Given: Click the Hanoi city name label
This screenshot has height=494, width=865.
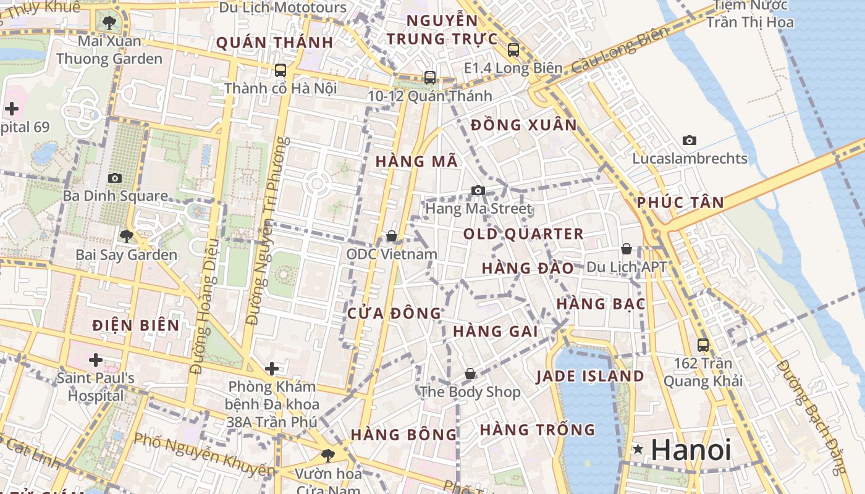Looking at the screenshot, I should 691,450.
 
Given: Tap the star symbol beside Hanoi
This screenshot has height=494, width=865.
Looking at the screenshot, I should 638,450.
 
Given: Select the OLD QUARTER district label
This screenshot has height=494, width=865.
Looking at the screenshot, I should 523,234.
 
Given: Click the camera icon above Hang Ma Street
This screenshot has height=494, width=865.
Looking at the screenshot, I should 478,190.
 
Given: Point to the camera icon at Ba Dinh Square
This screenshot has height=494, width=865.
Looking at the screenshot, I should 114,178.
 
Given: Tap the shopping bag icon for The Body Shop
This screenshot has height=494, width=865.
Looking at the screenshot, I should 470,374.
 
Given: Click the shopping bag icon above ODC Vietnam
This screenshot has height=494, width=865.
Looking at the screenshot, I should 391,236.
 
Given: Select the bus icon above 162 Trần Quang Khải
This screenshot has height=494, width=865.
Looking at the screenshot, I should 703,345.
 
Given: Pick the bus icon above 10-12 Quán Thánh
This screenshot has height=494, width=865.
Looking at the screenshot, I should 429,78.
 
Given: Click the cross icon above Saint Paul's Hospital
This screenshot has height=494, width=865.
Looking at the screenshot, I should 95,359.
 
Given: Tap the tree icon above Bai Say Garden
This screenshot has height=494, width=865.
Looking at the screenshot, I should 126,236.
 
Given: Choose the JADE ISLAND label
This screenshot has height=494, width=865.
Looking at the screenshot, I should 590,376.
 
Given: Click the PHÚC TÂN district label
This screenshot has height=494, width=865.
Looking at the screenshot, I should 680,203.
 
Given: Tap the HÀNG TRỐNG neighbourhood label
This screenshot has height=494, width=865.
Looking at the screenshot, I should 537,429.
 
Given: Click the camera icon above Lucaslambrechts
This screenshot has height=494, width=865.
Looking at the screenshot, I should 690,141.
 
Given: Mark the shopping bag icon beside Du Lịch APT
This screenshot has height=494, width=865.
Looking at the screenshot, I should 627,249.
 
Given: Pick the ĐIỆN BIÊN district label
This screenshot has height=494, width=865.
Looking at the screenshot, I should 136,325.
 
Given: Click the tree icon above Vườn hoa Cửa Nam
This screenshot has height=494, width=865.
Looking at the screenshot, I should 327,456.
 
